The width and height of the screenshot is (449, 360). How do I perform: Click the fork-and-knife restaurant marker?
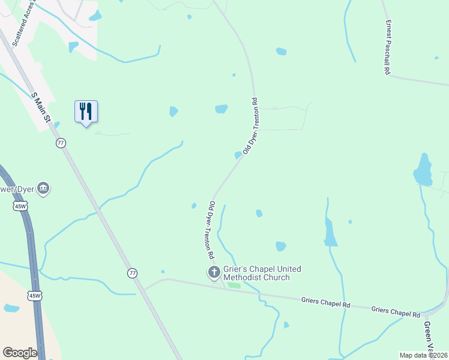point(86,112)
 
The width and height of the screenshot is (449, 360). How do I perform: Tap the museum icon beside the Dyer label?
point(43,189)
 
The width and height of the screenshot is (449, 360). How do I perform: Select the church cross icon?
point(213,273)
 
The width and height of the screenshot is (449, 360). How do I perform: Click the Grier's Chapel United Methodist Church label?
point(262,273)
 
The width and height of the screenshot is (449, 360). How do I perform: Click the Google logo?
point(20,353)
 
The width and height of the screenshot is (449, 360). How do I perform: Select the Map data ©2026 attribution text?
point(423,355)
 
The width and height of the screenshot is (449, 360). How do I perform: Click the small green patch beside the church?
point(234,285)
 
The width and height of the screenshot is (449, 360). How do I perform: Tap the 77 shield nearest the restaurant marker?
point(61,143)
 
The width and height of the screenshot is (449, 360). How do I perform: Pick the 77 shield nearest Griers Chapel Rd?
point(132,273)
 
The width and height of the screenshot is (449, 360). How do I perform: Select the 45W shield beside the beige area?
point(34,296)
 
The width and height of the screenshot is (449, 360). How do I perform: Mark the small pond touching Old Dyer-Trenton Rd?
point(238,155)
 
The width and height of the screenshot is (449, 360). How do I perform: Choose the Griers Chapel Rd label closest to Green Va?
point(396,311)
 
